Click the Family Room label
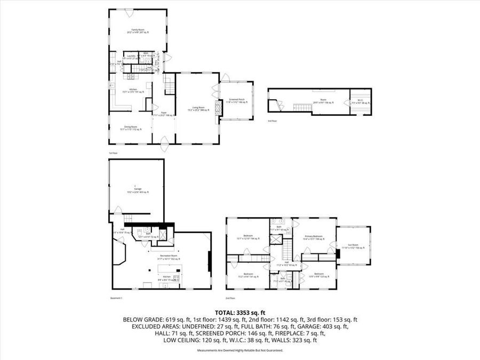click(x=138, y=31)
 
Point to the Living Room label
click(x=198, y=108)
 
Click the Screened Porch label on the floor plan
click(x=236, y=101)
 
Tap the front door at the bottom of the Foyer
click(x=164, y=141)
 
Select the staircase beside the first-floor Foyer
click(x=169, y=84)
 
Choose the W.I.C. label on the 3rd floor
click(x=359, y=103)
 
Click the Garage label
click(x=138, y=191)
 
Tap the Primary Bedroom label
click(x=314, y=238)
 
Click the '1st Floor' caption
click(x=113, y=153)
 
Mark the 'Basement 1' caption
click(x=116, y=298)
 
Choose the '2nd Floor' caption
click(x=230, y=298)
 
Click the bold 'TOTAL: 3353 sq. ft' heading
click(x=239, y=313)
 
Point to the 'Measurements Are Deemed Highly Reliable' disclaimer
click(x=239, y=350)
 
